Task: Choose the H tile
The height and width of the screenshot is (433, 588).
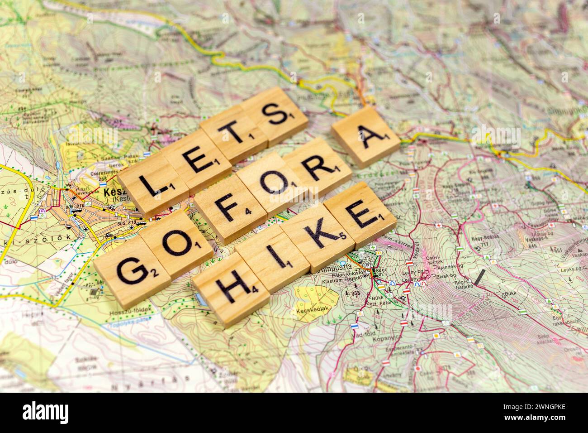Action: tap(229, 289)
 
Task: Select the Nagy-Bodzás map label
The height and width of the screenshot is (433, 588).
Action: tap(479, 238)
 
